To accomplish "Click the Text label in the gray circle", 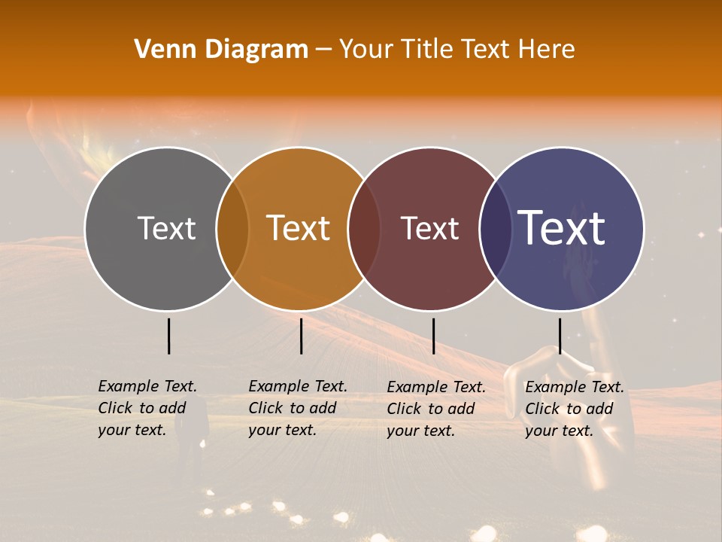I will tap(166, 228).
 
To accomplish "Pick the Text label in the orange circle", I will tap(299, 228).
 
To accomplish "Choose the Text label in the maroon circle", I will tap(429, 228).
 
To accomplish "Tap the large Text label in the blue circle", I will tap(562, 228).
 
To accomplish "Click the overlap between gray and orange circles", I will tap(232, 229).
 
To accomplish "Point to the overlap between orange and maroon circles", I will tap(364, 229).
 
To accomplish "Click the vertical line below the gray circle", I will tap(169, 336).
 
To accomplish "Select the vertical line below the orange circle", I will tap(301, 336).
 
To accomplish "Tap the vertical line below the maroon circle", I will tap(433, 336).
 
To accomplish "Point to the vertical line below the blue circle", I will tap(560, 336).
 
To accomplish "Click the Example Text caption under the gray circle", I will tap(147, 408).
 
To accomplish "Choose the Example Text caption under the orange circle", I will tap(298, 408).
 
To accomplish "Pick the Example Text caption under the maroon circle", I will tap(436, 409).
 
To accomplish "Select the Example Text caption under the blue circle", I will tap(575, 409).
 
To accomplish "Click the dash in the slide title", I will tap(323, 50).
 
